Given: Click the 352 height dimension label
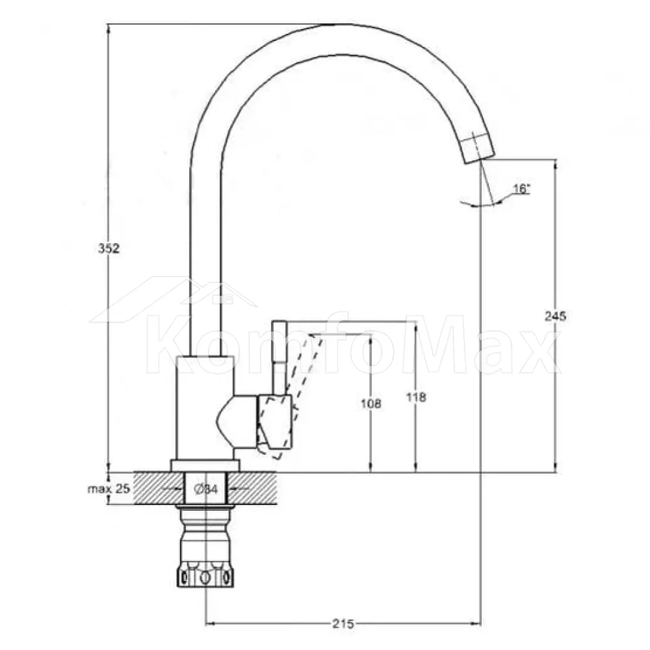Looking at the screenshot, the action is coord(109,248).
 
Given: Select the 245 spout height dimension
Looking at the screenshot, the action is coord(555,317).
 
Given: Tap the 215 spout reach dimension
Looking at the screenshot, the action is coord(343,623).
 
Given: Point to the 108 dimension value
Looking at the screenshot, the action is coord(371,404).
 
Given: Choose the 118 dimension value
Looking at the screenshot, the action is coord(416,397).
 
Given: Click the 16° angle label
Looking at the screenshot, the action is coord(521,189).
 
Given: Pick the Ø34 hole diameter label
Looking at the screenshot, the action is coord(206,489).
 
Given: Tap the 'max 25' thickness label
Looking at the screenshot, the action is coord(109,489).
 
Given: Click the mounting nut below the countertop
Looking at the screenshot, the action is coord(205,547).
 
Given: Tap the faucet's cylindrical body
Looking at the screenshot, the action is coord(205,408).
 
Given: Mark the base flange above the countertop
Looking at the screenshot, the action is coord(205,466).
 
